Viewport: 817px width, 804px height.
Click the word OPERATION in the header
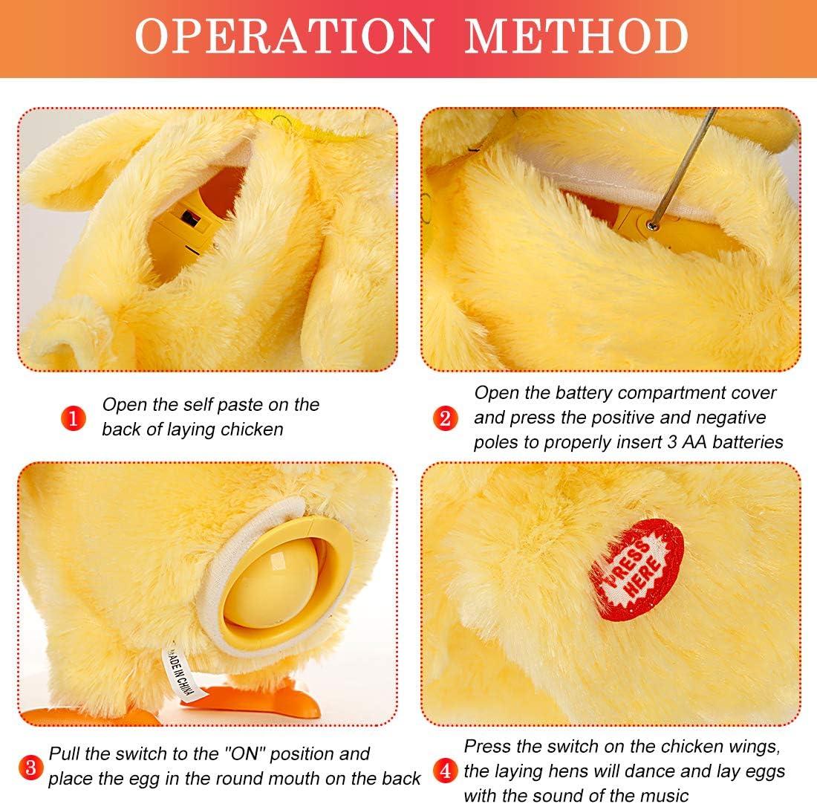coord(284,36)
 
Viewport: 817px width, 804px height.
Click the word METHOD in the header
coord(576,36)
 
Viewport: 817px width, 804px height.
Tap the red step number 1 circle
coord(73,418)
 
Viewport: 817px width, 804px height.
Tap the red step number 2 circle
coord(446,418)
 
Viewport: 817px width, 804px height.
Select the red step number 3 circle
coord(30,768)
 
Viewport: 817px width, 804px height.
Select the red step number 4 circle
coord(446,770)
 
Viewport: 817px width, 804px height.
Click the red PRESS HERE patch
coord(637,569)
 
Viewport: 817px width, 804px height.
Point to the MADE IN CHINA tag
coord(178,672)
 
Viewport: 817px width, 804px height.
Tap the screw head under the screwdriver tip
coord(651,225)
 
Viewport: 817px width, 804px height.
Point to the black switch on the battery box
coord(190,219)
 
